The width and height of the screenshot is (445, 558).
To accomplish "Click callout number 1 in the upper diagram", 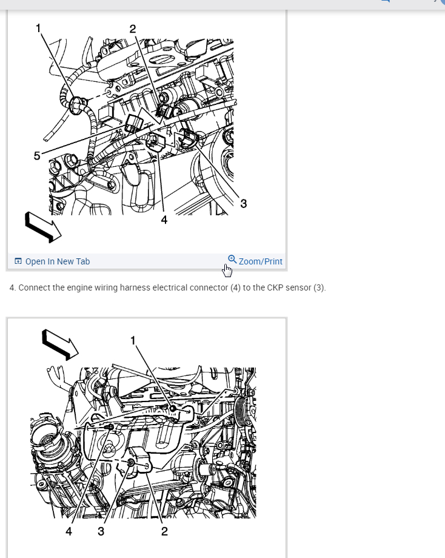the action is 38,28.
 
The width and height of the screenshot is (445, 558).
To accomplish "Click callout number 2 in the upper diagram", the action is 132,29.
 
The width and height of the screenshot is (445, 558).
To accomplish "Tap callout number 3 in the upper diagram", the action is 243,204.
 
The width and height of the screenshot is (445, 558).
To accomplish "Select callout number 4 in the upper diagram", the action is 164,220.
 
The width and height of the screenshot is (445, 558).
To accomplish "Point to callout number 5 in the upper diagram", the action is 37,156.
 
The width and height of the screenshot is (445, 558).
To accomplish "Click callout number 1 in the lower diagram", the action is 133,341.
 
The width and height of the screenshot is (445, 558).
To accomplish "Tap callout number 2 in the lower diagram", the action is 164,531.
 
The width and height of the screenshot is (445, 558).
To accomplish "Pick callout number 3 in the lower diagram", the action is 101,531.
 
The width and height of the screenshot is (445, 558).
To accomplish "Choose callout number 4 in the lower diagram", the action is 69,531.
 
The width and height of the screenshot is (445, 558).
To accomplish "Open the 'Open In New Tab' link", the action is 58,261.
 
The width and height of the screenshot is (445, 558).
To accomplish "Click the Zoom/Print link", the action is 260,261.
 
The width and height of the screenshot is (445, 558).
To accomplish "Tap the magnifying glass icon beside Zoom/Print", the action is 232,259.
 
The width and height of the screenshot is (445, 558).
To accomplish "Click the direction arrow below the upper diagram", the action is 43,227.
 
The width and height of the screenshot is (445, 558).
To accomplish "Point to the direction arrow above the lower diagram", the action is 60,345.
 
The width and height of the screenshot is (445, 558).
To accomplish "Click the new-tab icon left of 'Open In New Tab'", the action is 18,261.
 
